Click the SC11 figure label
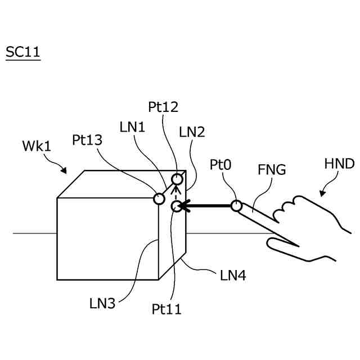pyautogui.click(x=23, y=52)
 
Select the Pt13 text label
pyautogui.click(x=87, y=140)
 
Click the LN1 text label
pyautogui.click(x=133, y=127)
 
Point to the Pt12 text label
pyautogui.click(x=163, y=106)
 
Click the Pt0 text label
pyautogui.click(x=221, y=164)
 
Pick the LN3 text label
pyautogui.click(x=102, y=303)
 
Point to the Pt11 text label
pyautogui.click(x=166, y=309)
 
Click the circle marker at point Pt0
pyautogui.click(x=236, y=206)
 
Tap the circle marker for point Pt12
pyautogui.click(x=177, y=179)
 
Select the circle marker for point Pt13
pyautogui.click(x=159, y=198)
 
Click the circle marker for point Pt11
pyautogui.click(x=177, y=206)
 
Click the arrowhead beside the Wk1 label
pyautogui.click(x=65, y=171)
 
